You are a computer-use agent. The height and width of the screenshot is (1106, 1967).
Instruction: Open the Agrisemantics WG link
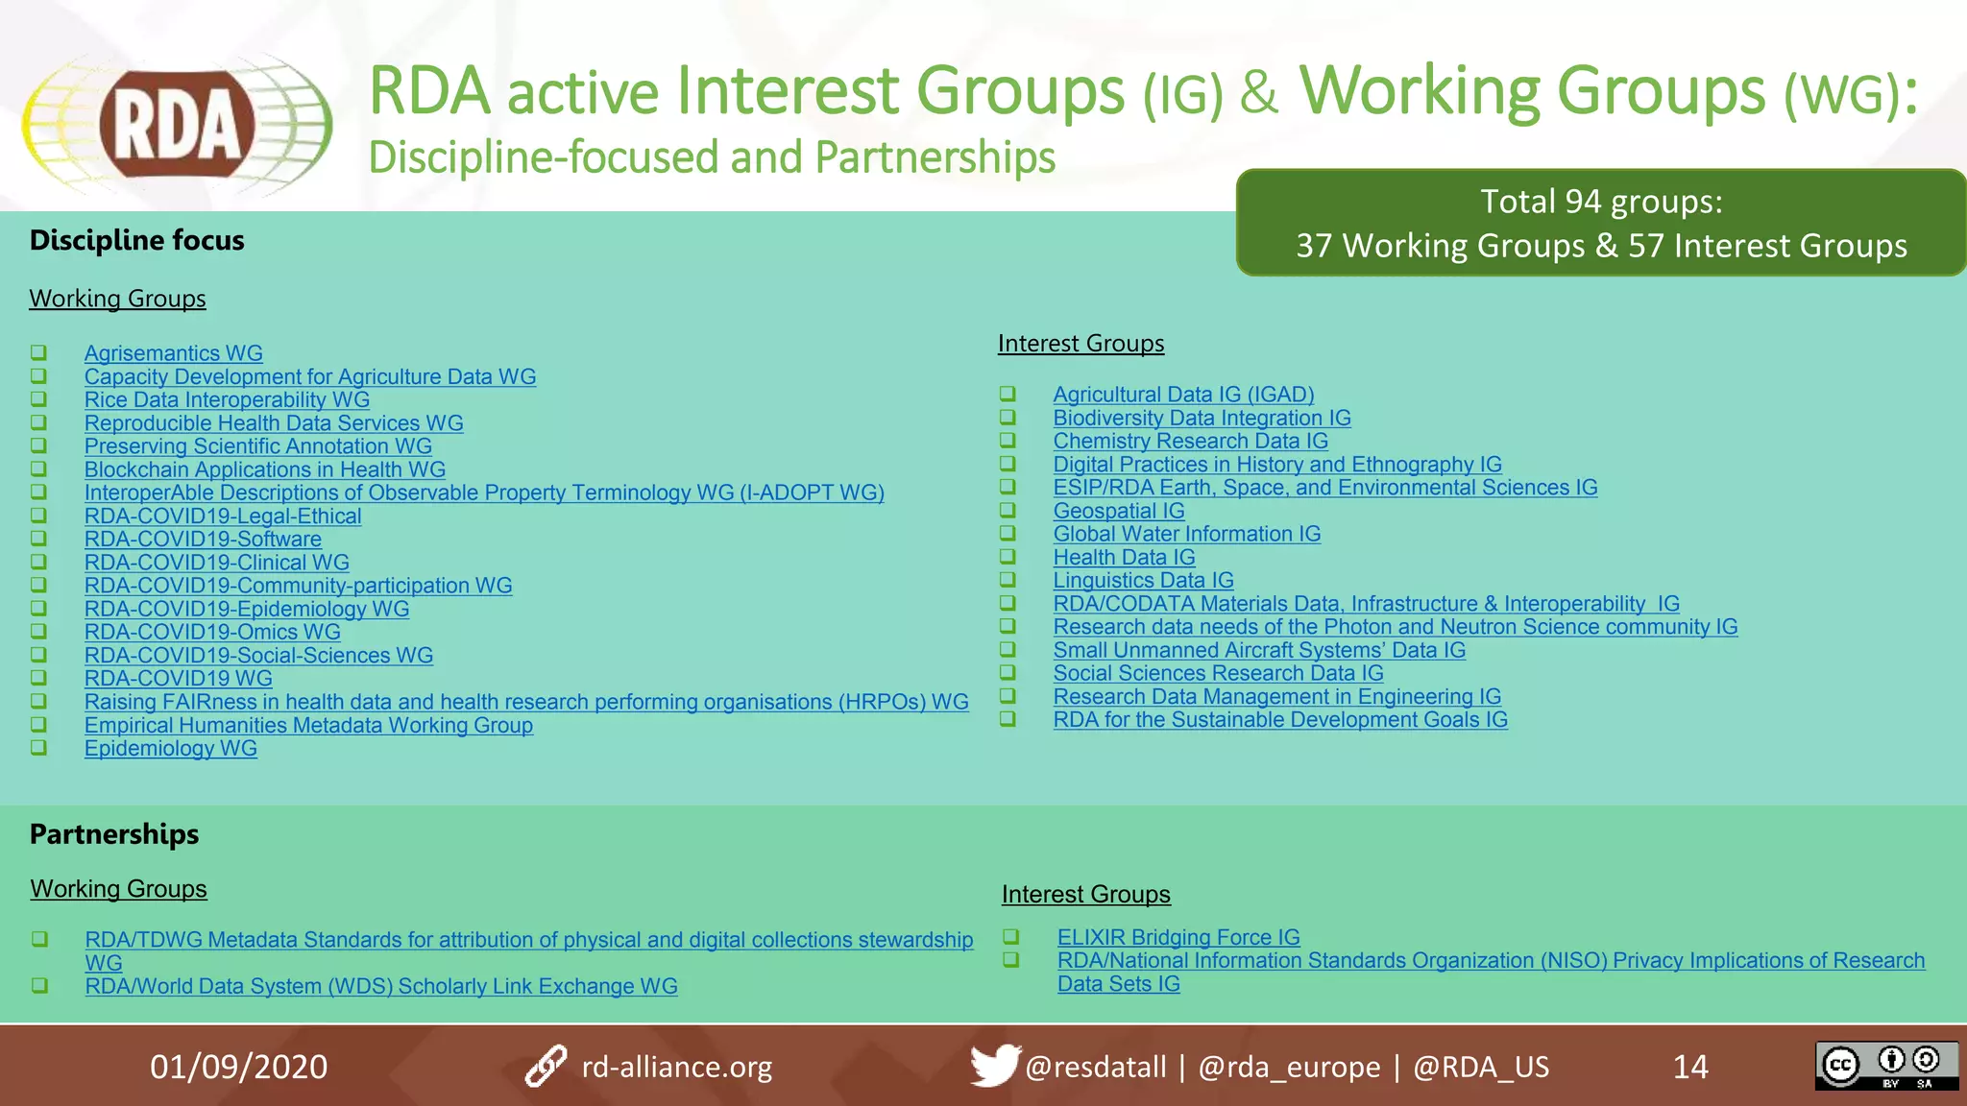pyautogui.click(x=173, y=353)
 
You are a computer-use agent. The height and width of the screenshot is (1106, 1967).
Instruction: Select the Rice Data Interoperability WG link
pyautogui.click(x=227, y=399)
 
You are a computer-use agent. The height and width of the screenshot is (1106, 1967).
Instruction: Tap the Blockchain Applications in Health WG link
pyautogui.click(x=264, y=469)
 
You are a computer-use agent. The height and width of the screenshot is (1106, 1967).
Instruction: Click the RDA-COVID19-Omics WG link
pyautogui.click(x=212, y=632)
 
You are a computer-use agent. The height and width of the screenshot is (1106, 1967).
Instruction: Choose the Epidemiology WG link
pyautogui.click(x=170, y=748)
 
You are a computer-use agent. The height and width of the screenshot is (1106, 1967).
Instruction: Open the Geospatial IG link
pyautogui.click(x=1118, y=511)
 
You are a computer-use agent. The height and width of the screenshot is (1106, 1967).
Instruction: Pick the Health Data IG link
pyautogui.click(x=1123, y=557)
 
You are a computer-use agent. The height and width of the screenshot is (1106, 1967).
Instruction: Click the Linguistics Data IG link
pyautogui.click(x=1142, y=580)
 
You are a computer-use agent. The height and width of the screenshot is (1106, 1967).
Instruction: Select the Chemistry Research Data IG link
pyautogui.click(x=1189, y=441)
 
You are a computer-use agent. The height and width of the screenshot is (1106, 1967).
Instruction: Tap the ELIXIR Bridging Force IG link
pyautogui.click(x=1178, y=937)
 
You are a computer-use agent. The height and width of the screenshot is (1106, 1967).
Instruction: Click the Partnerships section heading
pyautogui.click(x=114, y=833)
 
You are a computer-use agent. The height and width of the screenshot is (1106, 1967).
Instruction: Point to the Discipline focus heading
pyautogui.click(x=136, y=239)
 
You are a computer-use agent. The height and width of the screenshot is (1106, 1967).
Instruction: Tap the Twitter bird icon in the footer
pyautogui.click(x=993, y=1066)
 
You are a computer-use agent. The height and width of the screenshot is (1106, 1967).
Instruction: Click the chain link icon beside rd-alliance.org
pyautogui.click(x=546, y=1066)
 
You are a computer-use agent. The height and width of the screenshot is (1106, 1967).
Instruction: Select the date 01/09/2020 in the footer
pyautogui.click(x=238, y=1067)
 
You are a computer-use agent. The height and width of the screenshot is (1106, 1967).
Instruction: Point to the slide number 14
pyautogui.click(x=1689, y=1067)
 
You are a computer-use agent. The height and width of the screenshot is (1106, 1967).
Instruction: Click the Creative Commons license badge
pyautogui.click(x=1885, y=1066)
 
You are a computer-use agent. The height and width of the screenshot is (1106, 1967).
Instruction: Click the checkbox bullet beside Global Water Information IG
pyautogui.click(x=1007, y=533)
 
